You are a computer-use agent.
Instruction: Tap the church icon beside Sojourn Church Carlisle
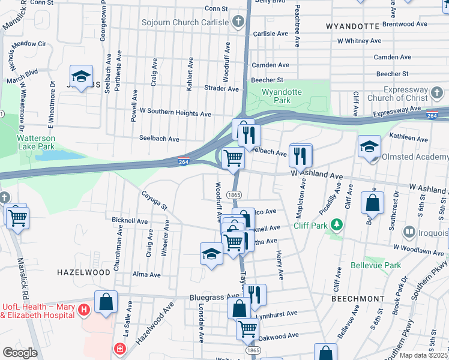pos(238,22)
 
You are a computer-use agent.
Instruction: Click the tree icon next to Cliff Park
pos(337,224)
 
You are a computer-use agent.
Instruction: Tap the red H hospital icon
pos(84,309)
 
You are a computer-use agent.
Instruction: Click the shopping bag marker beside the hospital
pos(106,302)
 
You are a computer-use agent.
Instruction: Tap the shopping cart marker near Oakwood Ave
pos(247,328)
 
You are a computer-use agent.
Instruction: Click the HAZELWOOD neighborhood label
pos(83,272)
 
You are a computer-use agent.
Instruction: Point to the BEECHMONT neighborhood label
pos(357,298)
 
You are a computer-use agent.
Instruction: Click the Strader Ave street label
pos(221,88)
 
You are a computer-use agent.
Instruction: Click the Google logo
pos(20,353)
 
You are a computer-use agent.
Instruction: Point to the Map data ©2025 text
pos(423,355)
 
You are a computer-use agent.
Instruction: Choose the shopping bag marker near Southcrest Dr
pos(372,203)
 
